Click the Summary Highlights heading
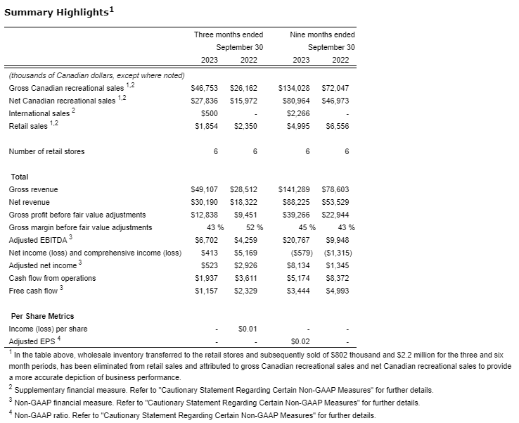click(x=58, y=13)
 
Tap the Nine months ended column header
click(x=322, y=34)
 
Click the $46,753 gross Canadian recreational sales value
click(x=205, y=88)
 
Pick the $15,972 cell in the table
click(x=243, y=101)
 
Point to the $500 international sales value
click(x=209, y=113)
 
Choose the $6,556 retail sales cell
click(x=337, y=126)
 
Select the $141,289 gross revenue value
click(x=294, y=189)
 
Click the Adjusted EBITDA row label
click(x=37, y=240)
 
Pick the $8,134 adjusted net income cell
click(x=298, y=265)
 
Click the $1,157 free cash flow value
click(x=206, y=291)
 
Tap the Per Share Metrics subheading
click(x=41, y=316)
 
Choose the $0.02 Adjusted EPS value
click(x=300, y=341)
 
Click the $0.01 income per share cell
click(x=247, y=329)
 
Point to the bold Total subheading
click(x=18, y=177)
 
